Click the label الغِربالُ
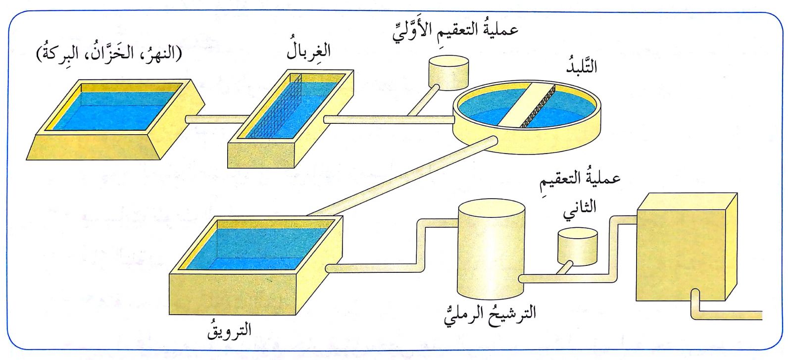(308, 51)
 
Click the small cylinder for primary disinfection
(448, 72)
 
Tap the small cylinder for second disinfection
(577, 246)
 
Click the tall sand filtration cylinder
(490, 248)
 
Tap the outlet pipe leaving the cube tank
(728, 315)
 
